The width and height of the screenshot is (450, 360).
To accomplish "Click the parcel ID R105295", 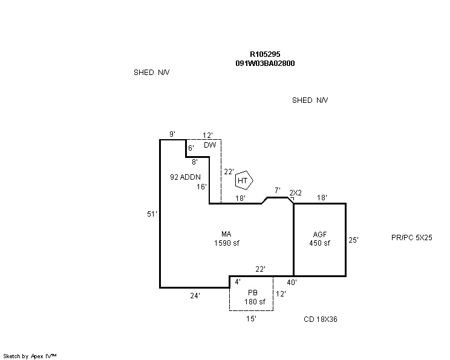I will (265, 54).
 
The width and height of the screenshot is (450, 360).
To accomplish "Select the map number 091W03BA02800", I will (265, 63).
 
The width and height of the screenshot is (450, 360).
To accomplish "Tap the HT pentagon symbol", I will (243, 180).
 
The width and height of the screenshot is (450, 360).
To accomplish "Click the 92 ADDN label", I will (185, 177).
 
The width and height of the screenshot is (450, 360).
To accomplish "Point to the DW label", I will (209, 145).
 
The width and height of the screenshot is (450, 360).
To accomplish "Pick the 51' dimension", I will (152, 214).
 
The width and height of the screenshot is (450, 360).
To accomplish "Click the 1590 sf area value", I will (226, 243).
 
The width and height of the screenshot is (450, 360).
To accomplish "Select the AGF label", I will (320, 235).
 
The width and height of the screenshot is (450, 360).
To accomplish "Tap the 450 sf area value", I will (320, 243).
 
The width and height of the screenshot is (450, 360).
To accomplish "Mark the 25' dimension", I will (353, 240).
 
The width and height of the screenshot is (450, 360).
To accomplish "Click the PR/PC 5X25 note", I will (411, 238).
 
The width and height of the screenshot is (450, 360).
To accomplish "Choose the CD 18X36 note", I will (320, 319).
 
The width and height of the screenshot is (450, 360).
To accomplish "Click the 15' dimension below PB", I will (251, 319).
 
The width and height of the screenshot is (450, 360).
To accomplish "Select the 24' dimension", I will (195, 295).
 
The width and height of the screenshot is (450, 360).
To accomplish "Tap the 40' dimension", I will (291, 282).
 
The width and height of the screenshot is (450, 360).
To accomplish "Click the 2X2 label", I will (295, 193).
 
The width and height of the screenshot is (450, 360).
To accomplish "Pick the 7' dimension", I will (277, 191).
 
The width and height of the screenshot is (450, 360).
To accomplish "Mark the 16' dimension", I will (201, 187).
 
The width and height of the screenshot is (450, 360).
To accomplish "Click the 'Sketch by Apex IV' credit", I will (30, 356).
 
